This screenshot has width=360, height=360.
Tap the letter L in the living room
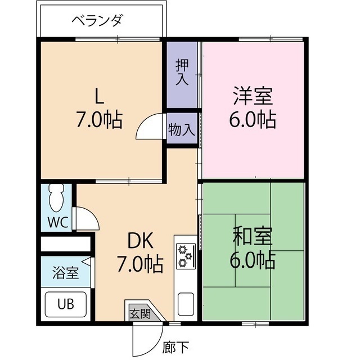tap(99, 97)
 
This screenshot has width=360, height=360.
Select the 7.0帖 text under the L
tap(99, 119)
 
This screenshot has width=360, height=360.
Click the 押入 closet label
tap(182, 71)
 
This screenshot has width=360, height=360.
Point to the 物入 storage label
tap(181, 130)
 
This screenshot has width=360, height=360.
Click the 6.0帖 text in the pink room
tap(253, 119)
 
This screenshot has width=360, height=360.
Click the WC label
tap(57, 222)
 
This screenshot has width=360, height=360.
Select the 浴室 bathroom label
tap(65, 274)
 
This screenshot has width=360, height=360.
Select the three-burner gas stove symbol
tap(184, 256)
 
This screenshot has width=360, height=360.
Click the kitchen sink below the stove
tap(185, 304)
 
